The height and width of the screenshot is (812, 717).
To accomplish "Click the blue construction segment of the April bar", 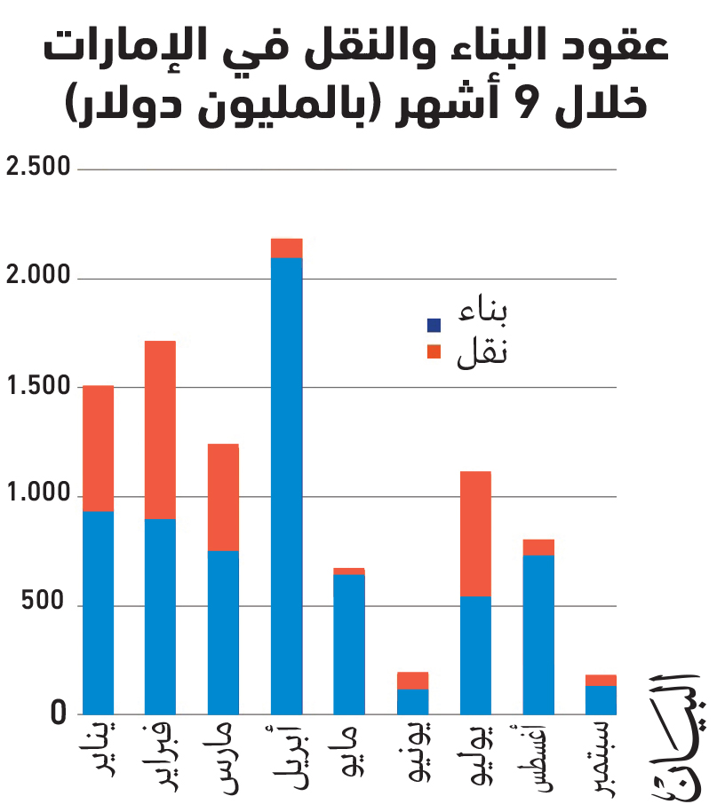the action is (x=287, y=485).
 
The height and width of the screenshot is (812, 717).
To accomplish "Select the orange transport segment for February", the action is (x=160, y=430).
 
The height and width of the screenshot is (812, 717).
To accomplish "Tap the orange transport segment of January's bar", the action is (x=99, y=448).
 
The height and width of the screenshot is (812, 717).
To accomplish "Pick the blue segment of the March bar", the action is (x=223, y=633).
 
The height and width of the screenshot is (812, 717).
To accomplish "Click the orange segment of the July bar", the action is (x=476, y=534).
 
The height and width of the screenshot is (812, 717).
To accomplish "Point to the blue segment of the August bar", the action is (x=538, y=635).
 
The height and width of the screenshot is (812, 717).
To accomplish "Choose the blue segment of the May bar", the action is (x=349, y=645).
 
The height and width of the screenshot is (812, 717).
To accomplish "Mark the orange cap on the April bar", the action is (x=287, y=248).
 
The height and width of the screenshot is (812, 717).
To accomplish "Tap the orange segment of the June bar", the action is (x=412, y=681).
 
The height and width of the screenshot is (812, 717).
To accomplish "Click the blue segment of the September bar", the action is (x=601, y=700).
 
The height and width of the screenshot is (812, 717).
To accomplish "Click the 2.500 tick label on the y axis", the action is (x=38, y=166).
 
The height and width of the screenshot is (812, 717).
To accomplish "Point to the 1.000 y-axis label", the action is (x=38, y=493).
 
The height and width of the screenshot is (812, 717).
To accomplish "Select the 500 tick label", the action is (x=43, y=601).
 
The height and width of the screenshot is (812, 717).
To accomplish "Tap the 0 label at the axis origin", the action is (x=58, y=713).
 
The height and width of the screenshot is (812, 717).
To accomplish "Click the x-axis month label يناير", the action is (x=100, y=749).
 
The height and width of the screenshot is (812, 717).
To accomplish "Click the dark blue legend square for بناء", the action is (x=434, y=325).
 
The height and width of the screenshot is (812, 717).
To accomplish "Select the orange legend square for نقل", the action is (x=434, y=351).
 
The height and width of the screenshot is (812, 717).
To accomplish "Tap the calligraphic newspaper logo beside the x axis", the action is (x=676, y=739).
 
